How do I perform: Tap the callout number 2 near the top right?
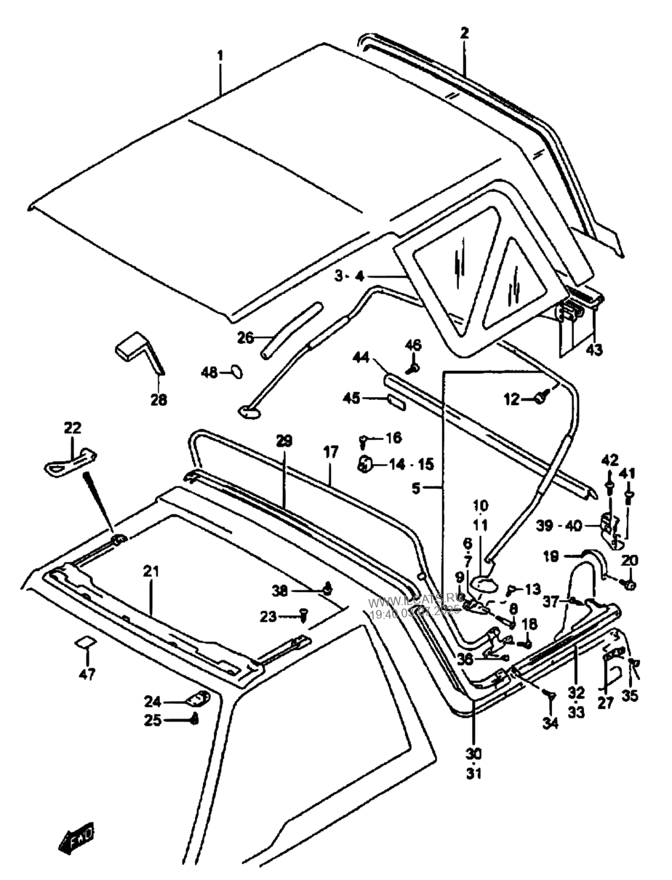click(x=465, y=33)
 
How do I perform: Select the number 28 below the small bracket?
click(x=158, y=399)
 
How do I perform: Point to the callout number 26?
click(x=245, y=337)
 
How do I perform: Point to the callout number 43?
click(x=595, y=350)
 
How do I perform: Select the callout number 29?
click(x=284, y=441)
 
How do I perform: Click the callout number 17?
click(x=331, y=452)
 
